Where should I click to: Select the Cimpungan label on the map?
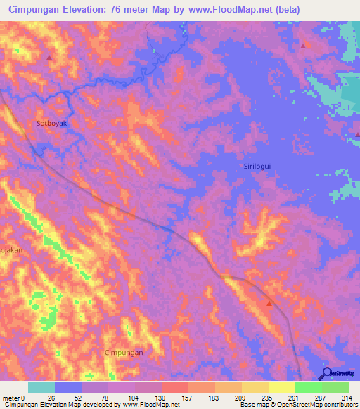pyautogui.click(x=124, y=352)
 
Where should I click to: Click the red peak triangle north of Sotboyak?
pyautogui.click(x=49, y=57)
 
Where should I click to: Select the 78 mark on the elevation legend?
pyautogui.click(x=108, y=398)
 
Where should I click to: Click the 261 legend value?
pyautogui.click(x=295, y=398)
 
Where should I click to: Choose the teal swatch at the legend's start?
pyautogui.click(x=41, y=387)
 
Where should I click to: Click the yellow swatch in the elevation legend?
pyautogui.click(x=282, y=387)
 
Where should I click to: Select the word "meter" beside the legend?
pyautogui.click(x=11, y=398)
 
